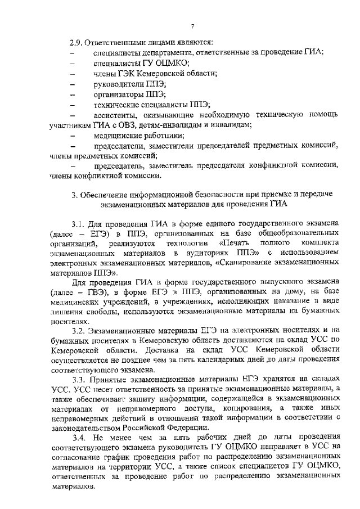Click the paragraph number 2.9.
(x=75, y=42)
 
